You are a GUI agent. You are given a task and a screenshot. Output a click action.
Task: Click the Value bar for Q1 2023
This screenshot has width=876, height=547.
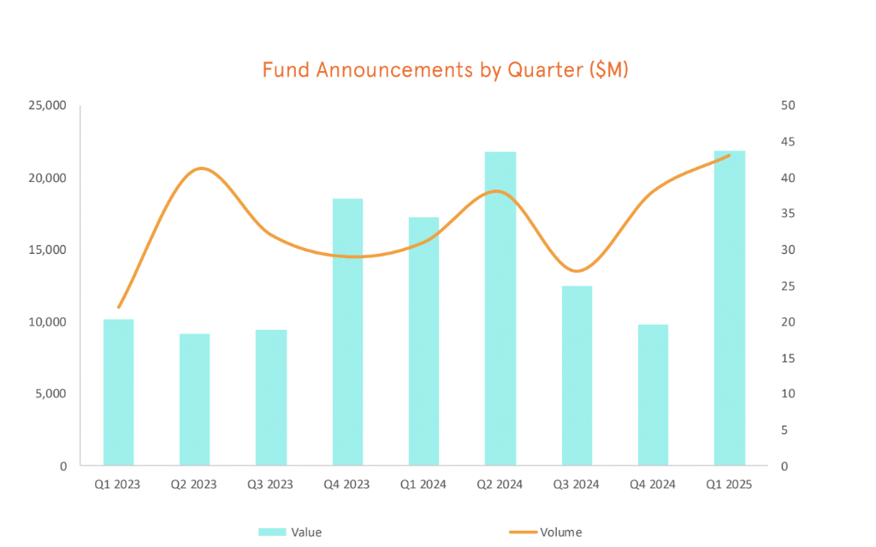click(x=118, y=392)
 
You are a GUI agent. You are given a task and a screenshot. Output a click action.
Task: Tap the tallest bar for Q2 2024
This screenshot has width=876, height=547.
click(x=500, y=309)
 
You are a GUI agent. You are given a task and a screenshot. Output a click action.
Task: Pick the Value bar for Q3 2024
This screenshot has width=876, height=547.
click(x=577, y=375)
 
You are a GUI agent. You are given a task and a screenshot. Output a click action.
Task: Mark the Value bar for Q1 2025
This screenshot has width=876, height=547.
click(x=730, y=308)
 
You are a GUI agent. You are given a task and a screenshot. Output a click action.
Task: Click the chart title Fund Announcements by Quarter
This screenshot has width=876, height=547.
click(x=445, y=70)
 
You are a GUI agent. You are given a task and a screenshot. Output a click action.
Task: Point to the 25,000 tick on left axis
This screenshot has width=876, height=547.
click(x=48, y=106)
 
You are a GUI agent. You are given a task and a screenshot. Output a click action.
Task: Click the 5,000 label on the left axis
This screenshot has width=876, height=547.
click(x=51, y=394)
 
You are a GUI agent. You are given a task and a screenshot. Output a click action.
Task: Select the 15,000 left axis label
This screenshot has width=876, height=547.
click(x=48, y=250)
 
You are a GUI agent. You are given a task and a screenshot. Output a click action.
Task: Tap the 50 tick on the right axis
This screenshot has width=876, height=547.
click(x=788, y=106)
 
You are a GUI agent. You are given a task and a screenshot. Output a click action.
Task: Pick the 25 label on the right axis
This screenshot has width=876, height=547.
click(x=788, y=286)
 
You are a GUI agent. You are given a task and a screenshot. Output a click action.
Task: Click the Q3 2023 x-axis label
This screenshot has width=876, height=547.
click(x=270, y=485)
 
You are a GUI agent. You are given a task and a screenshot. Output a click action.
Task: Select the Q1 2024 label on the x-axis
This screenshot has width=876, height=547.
click(x=423, y=485)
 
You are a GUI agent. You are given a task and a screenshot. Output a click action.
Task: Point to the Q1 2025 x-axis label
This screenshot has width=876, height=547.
click(x=729, y=485)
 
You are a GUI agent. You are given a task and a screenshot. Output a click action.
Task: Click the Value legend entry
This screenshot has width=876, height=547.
click(x=305, y=532)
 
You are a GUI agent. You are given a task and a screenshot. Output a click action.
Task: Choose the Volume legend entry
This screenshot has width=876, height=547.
click(x=560, y=532)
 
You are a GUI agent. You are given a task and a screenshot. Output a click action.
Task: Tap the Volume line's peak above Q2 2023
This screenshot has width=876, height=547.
click(x=200, y=168)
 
